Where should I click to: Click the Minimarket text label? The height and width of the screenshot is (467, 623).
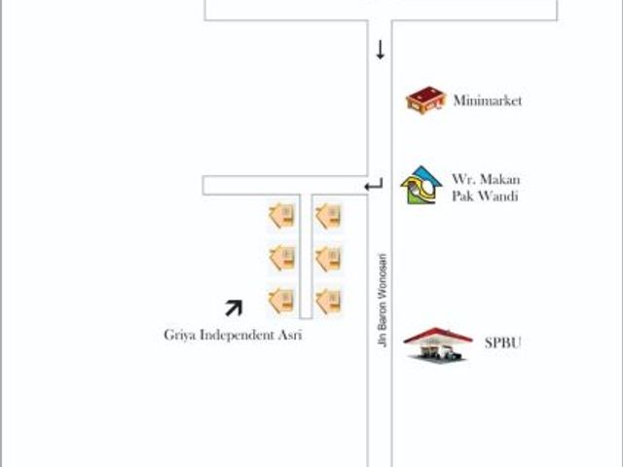click(488, 100)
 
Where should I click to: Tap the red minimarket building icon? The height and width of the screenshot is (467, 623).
click(424, 99)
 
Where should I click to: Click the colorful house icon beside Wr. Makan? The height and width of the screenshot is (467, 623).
click(421, 185)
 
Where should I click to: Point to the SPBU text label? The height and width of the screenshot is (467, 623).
click(502, 342)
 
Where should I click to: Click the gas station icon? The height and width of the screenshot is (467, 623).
click(438, 344)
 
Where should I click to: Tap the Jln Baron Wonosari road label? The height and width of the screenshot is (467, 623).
click(383, 301)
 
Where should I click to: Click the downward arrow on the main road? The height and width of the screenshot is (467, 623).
click(381, 50)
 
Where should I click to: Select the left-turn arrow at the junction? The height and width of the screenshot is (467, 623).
click(374, 185)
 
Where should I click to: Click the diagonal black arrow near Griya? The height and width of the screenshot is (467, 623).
click(234, 308)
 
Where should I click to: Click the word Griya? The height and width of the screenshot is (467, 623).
click(179, 335)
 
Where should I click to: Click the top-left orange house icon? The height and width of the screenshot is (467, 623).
click(282, 216)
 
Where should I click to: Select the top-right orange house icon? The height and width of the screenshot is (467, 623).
click(329, 216)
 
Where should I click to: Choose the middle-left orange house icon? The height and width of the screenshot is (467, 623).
click(282, 259)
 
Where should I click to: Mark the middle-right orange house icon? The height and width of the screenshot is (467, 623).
click(329, 259)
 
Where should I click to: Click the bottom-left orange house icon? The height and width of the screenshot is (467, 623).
click(282, 301)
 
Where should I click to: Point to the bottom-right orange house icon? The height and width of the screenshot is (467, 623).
click(329, 301)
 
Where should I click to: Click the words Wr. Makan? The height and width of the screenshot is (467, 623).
click(486, 179)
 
